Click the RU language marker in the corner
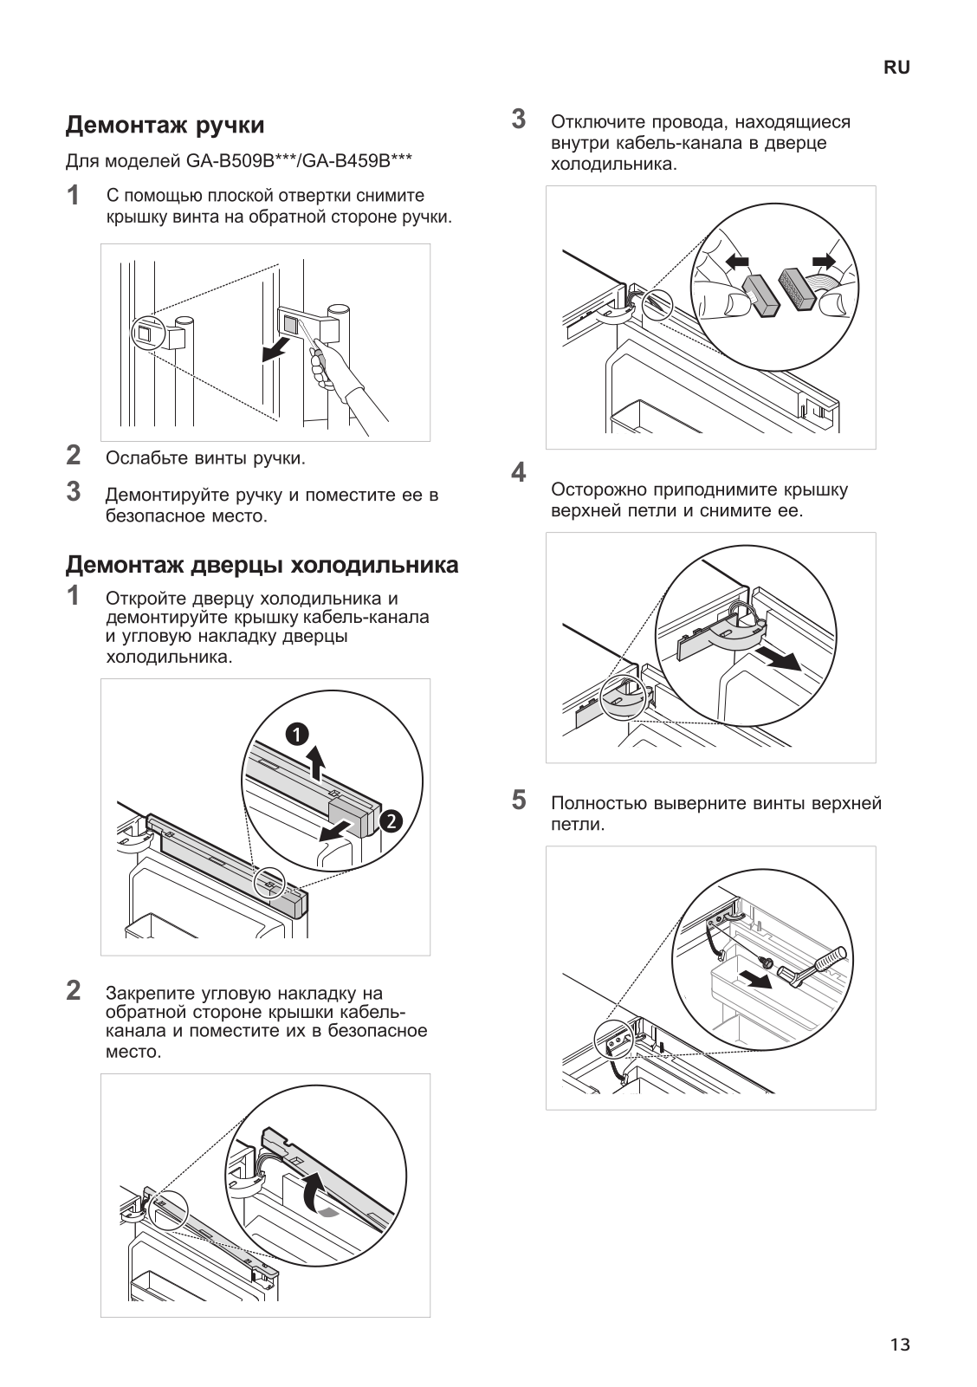point(896,68)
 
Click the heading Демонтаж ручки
point(165,126)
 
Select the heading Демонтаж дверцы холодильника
point(262,566)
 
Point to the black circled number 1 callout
point(297,735)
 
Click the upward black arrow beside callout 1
point(318,763)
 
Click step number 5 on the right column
point(518,799)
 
